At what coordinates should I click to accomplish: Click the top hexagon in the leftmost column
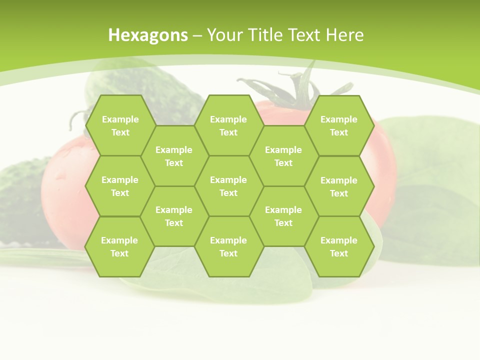pyautogui.click(x=120, y=125)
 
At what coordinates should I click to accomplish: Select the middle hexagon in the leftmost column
pyautogui.click(x=120, y=186)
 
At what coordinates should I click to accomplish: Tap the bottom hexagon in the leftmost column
pyautogui.click(x=119, y=246)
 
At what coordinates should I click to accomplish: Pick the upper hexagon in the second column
pyautogui.click(x=174, y=156)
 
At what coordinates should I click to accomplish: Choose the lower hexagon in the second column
pyautogui.click(x=174, y=216)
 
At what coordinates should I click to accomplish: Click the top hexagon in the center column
pyautogui.click(x=228, y=125)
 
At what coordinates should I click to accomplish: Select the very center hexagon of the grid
pyautogui.click(x=228, y=186)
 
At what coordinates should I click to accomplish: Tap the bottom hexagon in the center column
pyautogui.click(x=228, y=246)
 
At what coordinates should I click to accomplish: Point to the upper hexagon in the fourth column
pyautogui.click(x=283, y=156)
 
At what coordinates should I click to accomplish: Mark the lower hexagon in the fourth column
pyautogui.click(x=283, y=216)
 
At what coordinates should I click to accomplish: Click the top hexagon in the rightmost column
pyautogui.click(x=339, y=125)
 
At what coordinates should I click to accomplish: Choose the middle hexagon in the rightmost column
pyautogui.click(x=339, y=186)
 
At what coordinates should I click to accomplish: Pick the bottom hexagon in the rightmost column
pyautogui.click(x=339, y=246)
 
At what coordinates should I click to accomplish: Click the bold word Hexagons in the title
pyautogui.click(x=148, y=35)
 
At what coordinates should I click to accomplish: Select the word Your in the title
pyautogui.click(x=223, y=35)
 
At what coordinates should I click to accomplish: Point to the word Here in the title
pyautogui.click(x=345, y=35)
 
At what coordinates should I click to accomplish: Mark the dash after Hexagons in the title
pyautogui.click(x=197, y=35)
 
